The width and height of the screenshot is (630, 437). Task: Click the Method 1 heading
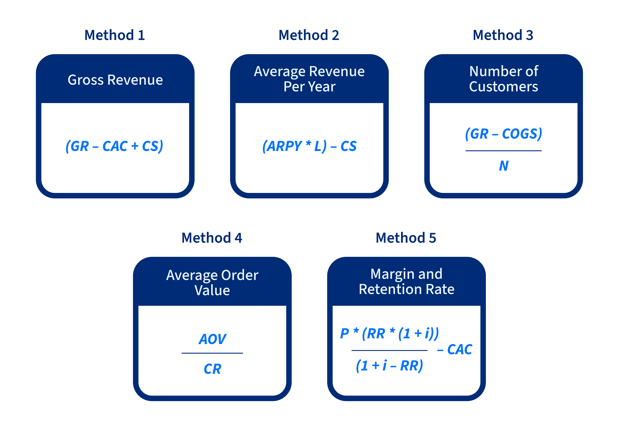click(115, 35)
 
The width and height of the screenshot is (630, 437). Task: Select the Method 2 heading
click(309, 35)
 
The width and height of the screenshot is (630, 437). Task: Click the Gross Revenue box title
click(115, 80)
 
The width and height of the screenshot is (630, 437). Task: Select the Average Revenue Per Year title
click(309, 79)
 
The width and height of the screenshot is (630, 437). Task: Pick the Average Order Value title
click(212, 283)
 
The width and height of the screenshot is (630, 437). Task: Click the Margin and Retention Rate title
click(406, 281)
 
